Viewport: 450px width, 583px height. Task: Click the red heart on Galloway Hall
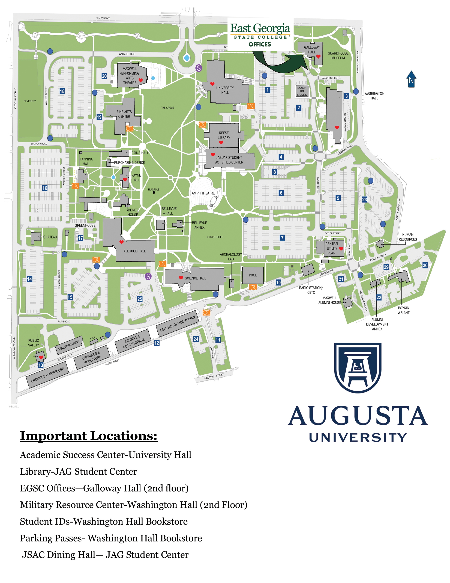click(318, 57)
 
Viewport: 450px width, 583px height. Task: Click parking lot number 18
click(62, 91)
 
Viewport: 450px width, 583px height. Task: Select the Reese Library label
click(224, 135)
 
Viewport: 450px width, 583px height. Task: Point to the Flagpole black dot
click(154, 192)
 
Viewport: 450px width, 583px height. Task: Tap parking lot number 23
click(364, 199)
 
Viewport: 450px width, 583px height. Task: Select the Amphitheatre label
click(203, 193)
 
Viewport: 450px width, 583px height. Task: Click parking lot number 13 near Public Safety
click(41, 365)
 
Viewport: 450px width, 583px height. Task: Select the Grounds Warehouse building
click(47, 375)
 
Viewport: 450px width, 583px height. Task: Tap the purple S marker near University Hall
click(199, 68)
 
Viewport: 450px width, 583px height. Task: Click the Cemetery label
click(30, 101)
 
